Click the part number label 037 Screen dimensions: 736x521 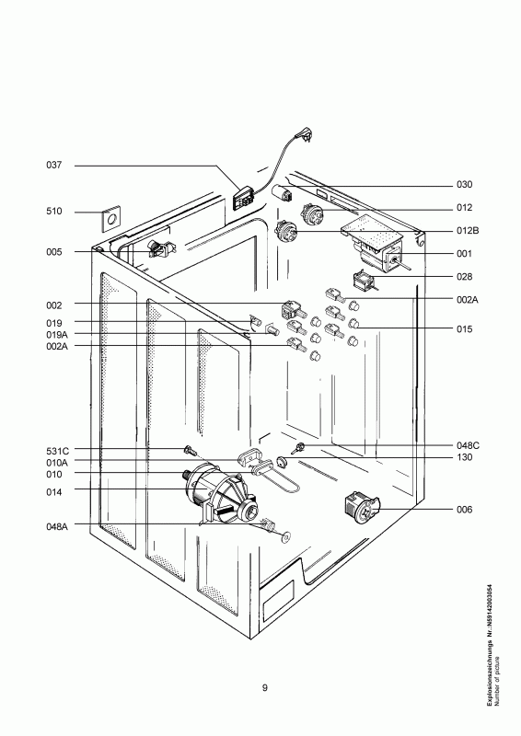[53, 166]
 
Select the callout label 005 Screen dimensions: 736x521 [53, 251]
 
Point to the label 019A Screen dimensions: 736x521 [56, 335]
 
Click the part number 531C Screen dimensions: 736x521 [57, 451]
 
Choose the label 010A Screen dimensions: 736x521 [57, 463]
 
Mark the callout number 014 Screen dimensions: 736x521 [53, 490]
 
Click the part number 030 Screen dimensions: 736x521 [464, 184]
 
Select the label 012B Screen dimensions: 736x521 [467, 230]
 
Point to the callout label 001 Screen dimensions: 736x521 [464, 253]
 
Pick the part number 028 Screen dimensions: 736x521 [464, 276]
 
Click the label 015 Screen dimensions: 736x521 [464, 328]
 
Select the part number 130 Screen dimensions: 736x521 [464, 457]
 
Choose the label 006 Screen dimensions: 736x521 [464, 509]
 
